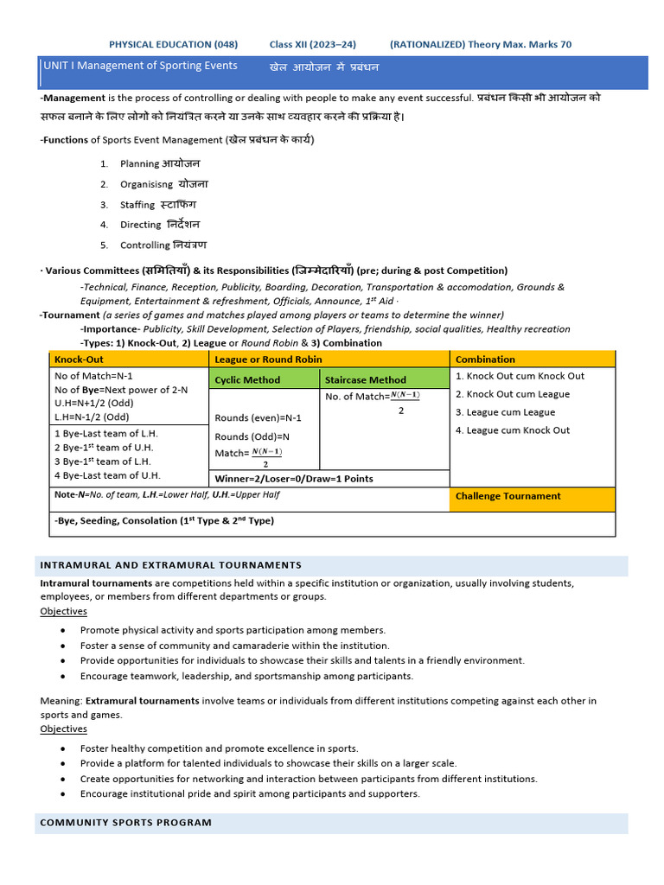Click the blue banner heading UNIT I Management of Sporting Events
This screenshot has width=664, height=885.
pyautogui.click(x=139, y=67)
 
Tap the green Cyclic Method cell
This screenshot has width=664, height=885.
pyautogui.click(x=247, y=379)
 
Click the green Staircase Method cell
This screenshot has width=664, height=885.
pyautogui.click(x=365, y=379)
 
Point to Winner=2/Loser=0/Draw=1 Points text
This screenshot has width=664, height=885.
pyautogui.click(x=294, y=479)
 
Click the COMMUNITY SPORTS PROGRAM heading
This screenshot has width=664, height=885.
pyautogui.click(x=125, y=823)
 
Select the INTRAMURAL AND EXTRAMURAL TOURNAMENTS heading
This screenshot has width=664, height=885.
pyautogui.click(x=170, y=565)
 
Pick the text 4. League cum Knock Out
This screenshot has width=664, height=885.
pyautogui.click(x=513, y=430)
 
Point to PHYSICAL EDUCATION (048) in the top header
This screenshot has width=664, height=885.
pyautogui.click(x=173, y=45)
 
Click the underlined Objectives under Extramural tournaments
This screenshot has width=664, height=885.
pyautogui.click(x=63, y=729)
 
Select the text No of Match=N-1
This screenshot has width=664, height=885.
pyautogui.click(x=93, y=376)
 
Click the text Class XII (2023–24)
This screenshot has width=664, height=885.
pyautogui.click(x=312, y=45)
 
